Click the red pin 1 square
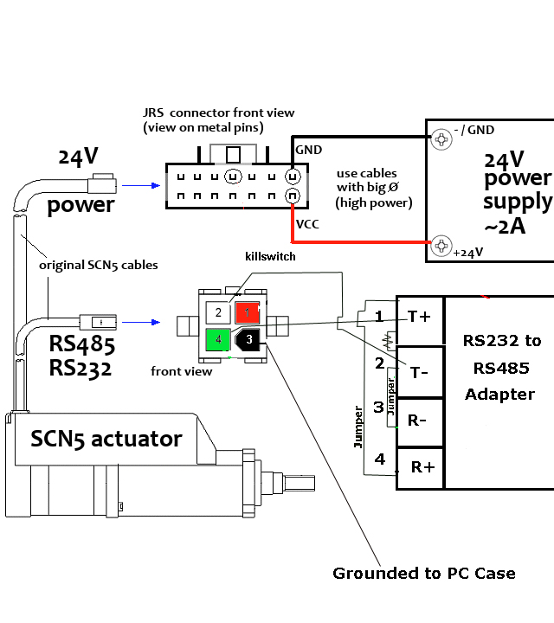[248, 311]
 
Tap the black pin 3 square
[248, 338]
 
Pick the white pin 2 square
[219, 311]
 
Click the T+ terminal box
[421, 317]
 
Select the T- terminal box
[421, 372]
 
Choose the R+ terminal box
[422, 467]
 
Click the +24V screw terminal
[442, 244]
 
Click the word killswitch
[269, 257]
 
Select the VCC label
[307, 224]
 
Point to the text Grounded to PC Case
[424, 574]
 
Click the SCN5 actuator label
[106, 439]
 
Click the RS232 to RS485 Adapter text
[502, 368]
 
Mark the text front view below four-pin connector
[181, 373]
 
